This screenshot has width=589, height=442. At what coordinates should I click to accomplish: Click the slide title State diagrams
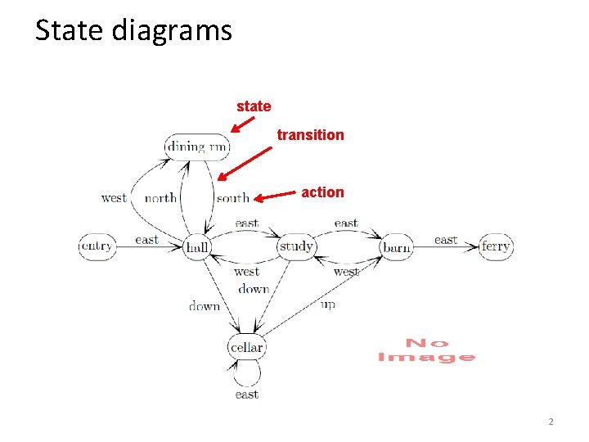[x=134, y=31]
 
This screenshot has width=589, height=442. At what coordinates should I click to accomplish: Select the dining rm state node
[x=197, y=147]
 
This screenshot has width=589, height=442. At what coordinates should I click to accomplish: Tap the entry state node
[x=97, y=246]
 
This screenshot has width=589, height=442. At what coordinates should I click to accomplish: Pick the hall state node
[x=197, y=246]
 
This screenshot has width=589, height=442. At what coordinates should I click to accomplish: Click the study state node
[x=296, y=246]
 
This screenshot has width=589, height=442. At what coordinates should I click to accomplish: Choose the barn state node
[x=397, y=246]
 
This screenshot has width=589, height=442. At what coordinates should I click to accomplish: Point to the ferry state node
[x=496, y=246]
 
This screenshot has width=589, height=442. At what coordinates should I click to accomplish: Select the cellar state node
[x=246, y=347]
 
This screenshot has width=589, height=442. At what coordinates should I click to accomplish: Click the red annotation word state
[x=254, y=106]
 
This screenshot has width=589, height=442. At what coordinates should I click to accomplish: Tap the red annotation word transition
[x=310, y=134]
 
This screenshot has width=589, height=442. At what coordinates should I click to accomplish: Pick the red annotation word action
[x=322, y=192]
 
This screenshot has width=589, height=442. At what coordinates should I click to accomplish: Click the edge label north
[x=160, y=198]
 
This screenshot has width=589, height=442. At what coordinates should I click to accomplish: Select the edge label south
[x=232, y=198]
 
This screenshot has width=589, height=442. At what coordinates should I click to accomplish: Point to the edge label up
[x=328, y=304]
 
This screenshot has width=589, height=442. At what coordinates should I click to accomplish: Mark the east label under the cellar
[x=246, y=395]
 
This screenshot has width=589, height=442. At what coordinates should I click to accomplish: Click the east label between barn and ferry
[x=446, y=240]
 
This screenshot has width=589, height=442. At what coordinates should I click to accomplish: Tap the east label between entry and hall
[x=146, y=240]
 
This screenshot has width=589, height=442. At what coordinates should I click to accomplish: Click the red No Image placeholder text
[x=426, y=350]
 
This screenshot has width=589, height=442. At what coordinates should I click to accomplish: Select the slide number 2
[x=551, y=422]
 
